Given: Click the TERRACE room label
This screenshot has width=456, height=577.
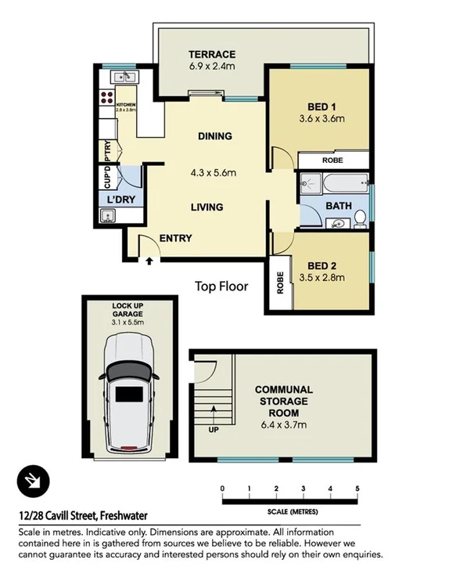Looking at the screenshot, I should pos(211,54).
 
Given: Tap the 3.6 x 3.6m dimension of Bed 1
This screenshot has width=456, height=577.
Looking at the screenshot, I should pos(321,119).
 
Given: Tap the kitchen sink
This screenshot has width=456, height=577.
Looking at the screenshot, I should pos(124,77).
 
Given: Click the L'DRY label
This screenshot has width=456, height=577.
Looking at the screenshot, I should pos(121,200).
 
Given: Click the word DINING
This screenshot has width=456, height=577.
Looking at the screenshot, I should pos(214,136).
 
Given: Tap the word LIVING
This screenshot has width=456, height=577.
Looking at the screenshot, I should pos(207,207).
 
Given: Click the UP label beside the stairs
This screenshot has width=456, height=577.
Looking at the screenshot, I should pos(213,430).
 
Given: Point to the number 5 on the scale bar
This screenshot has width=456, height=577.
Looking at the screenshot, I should pos(357,489).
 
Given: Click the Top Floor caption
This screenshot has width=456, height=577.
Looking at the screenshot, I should pos(221,287).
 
